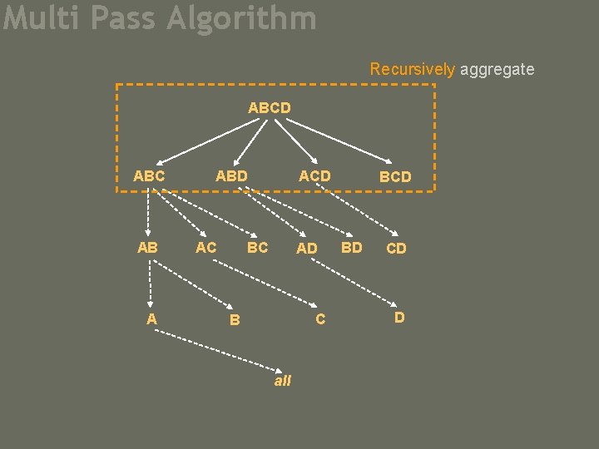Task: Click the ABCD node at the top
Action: click(269, 107)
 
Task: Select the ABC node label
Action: click(149, 175)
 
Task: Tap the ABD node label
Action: click(231, 175)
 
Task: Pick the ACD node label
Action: click(314, 175)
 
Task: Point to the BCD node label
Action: click(395, 176)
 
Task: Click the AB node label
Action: click(147, 247)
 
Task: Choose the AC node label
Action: click(205, 247)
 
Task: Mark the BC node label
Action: click(258, 247)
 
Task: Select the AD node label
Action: click(307, 248)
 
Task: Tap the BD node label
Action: click(352, 247)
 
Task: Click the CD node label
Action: click(397, 248)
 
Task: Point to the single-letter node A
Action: click(151, 318)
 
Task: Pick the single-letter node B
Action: click(235, 318)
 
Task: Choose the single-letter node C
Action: click(320, 318)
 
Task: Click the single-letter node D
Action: click(399, 317)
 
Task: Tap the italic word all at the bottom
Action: click(283, 380)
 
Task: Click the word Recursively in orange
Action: click(413, 69)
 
